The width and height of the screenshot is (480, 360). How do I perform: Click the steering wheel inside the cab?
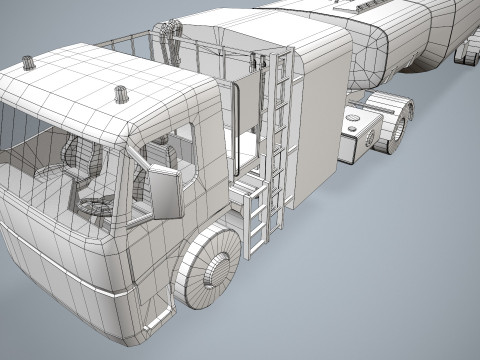coord(97,206)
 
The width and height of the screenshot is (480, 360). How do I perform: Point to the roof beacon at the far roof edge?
coord(29,64)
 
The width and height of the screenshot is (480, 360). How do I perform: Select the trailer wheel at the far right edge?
coord(466,56)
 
